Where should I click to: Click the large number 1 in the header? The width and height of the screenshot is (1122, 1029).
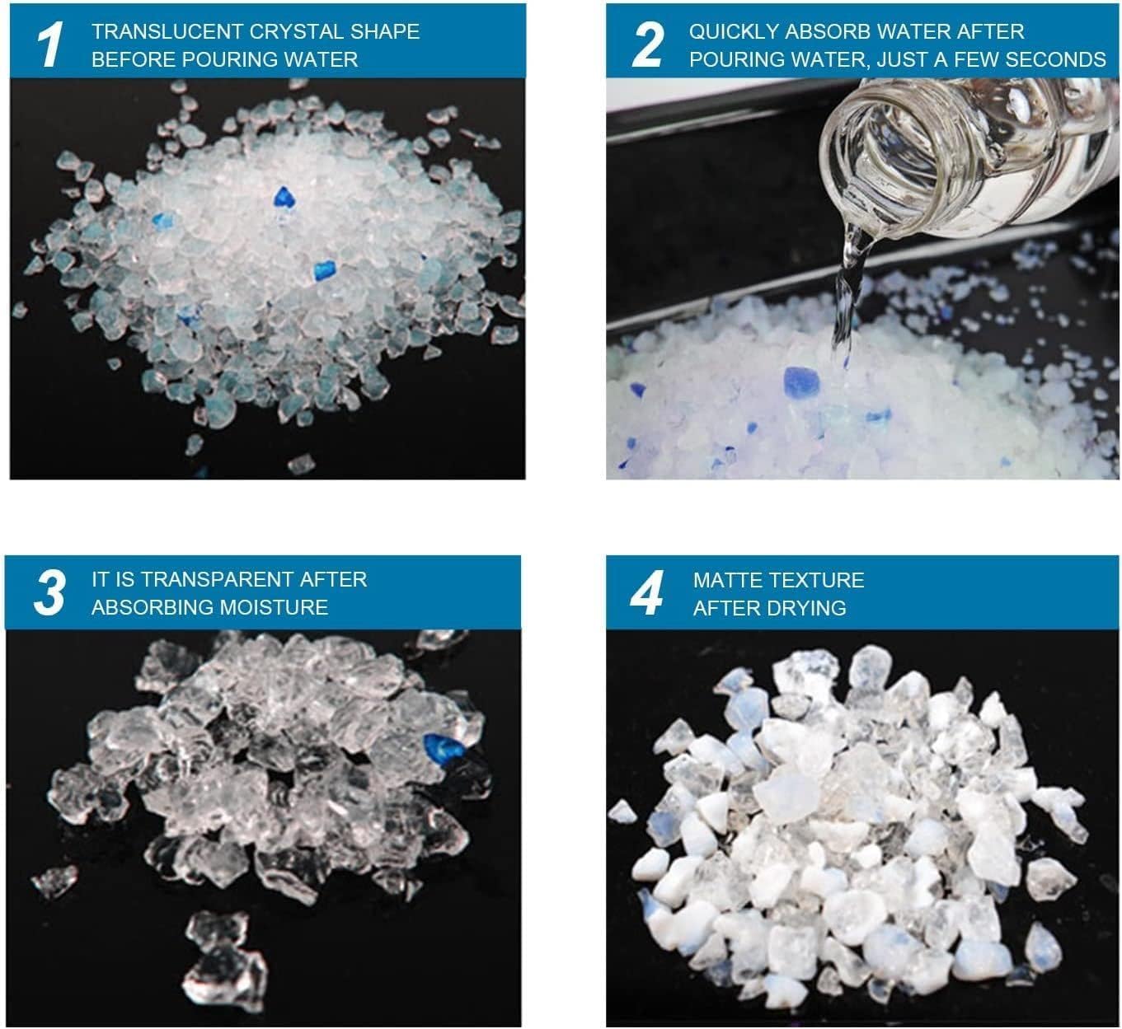50,44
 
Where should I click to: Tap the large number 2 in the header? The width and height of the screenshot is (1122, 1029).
648,44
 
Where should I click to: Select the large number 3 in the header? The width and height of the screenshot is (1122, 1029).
49,592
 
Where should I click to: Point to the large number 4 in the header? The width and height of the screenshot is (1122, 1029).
647,593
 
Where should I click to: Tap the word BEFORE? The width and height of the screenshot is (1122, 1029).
134,59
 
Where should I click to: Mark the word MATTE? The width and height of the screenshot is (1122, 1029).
724,580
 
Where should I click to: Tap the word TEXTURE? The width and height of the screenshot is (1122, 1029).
813,580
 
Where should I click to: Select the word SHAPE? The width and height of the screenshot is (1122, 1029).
385,31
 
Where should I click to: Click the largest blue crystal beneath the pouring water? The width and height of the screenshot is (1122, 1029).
800,381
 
